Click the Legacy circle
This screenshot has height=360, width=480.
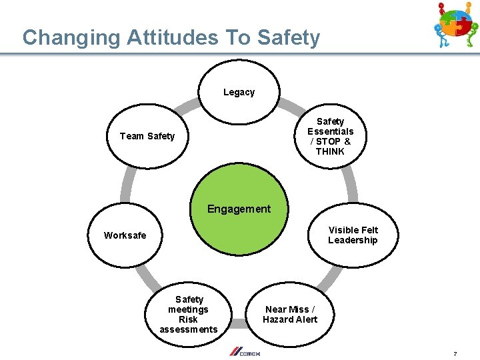(239, 92)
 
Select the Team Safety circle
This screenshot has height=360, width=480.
(147, 136)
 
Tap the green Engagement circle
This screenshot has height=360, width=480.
(239, 209)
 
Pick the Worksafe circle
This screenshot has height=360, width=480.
(125, 235)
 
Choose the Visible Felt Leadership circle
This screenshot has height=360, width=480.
(353, 235)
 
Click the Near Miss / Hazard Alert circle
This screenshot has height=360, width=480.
(290, 314)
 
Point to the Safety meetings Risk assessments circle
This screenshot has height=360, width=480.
(189, 314)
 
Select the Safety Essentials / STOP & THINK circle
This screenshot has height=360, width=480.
(330, 136)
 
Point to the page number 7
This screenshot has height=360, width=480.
(455, 353)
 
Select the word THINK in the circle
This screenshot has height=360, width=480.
(330, 151)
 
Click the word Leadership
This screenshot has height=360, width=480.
(353, 240)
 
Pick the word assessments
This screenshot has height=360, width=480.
(189, 329)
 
